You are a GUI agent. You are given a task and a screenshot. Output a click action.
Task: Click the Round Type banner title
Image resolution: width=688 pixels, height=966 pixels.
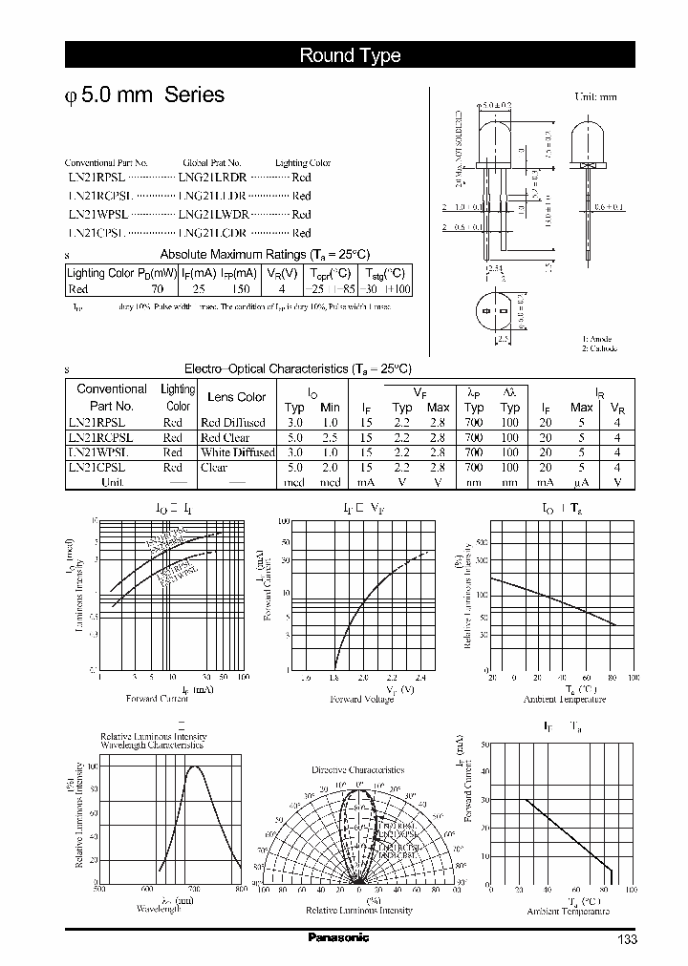(x=350, y=55)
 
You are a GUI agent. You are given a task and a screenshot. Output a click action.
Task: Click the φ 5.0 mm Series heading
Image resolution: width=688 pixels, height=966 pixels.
(x=143, y=95)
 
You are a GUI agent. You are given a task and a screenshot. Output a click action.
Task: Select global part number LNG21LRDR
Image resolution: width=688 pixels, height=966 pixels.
(x=212, y=178)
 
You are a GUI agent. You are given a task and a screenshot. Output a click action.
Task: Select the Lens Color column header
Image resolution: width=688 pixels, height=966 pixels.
(x=236, y=397)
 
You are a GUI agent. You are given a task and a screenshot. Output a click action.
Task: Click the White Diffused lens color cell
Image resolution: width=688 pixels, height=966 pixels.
(x=237, y=452)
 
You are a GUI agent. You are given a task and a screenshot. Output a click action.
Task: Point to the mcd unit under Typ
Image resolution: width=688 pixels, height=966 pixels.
(x=295, y=483)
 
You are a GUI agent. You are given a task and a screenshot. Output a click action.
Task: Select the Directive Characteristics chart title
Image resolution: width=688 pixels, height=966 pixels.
(x=357, y=769)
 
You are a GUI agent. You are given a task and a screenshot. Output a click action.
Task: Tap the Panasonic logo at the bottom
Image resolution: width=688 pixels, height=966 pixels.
(x=338, y=938)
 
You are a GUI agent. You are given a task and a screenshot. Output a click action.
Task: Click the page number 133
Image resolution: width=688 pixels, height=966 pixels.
(x=626, y=940)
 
